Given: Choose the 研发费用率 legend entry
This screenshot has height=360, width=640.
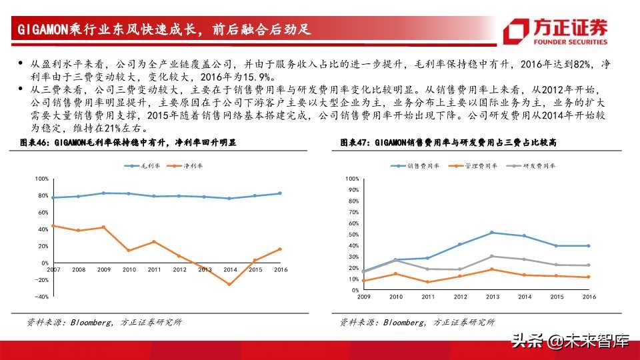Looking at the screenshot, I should [534, 165].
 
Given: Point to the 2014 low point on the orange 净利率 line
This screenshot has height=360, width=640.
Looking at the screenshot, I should [230, 285].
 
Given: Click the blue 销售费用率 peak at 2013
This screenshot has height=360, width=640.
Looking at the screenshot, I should [491, 232].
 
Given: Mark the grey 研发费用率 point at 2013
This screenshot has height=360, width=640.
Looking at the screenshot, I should [491, 256].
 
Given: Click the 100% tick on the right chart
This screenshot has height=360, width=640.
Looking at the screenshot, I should [353, 179].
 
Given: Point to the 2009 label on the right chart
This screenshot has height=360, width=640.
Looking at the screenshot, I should [363, 297].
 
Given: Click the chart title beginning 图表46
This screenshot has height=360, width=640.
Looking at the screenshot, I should [127, 143].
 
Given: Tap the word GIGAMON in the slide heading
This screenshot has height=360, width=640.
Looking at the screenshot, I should [38, 29].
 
